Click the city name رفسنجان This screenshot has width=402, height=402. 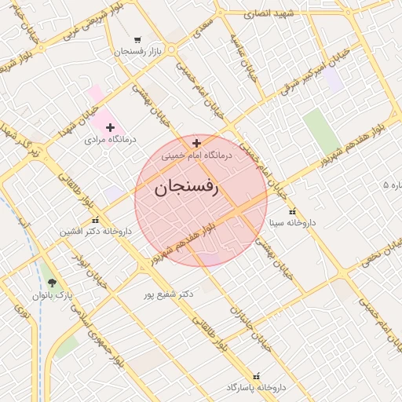[186, 188]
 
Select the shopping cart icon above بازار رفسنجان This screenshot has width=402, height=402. [138, 39]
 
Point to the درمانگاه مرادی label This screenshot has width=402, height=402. [111, 139]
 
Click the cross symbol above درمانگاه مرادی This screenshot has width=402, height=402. [111, 127]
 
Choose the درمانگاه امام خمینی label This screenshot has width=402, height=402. [197, 155]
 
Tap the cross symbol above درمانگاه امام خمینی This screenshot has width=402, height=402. [196, 143]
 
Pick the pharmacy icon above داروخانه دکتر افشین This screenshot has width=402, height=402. [95, 221]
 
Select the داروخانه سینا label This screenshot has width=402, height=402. [292, 223]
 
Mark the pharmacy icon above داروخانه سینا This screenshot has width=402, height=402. [292, 211]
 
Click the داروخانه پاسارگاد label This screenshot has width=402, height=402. [254, 388]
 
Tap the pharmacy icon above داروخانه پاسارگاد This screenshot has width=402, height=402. [254, 376]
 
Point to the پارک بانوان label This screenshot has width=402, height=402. [52, 295]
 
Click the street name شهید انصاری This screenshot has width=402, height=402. [268, 13]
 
